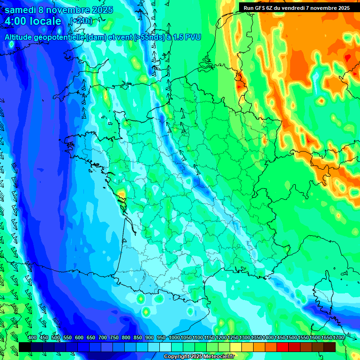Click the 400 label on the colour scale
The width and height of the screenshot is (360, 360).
[32, 337]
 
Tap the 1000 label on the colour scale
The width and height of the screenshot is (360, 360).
[174, 337]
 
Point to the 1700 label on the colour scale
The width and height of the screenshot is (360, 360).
[338, 337]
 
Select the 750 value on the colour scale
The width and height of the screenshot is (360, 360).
[114, 337]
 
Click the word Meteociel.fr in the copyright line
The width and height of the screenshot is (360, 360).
[218, 357]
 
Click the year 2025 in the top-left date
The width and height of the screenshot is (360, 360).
[100, 10]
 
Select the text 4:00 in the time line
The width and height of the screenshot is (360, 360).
[16, 22]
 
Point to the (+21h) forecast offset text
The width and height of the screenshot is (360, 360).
[82, 21]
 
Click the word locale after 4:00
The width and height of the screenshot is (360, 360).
[46, 22]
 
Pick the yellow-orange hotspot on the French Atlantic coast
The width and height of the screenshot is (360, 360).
[121, 194]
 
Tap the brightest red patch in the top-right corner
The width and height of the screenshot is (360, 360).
[347, 58]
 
